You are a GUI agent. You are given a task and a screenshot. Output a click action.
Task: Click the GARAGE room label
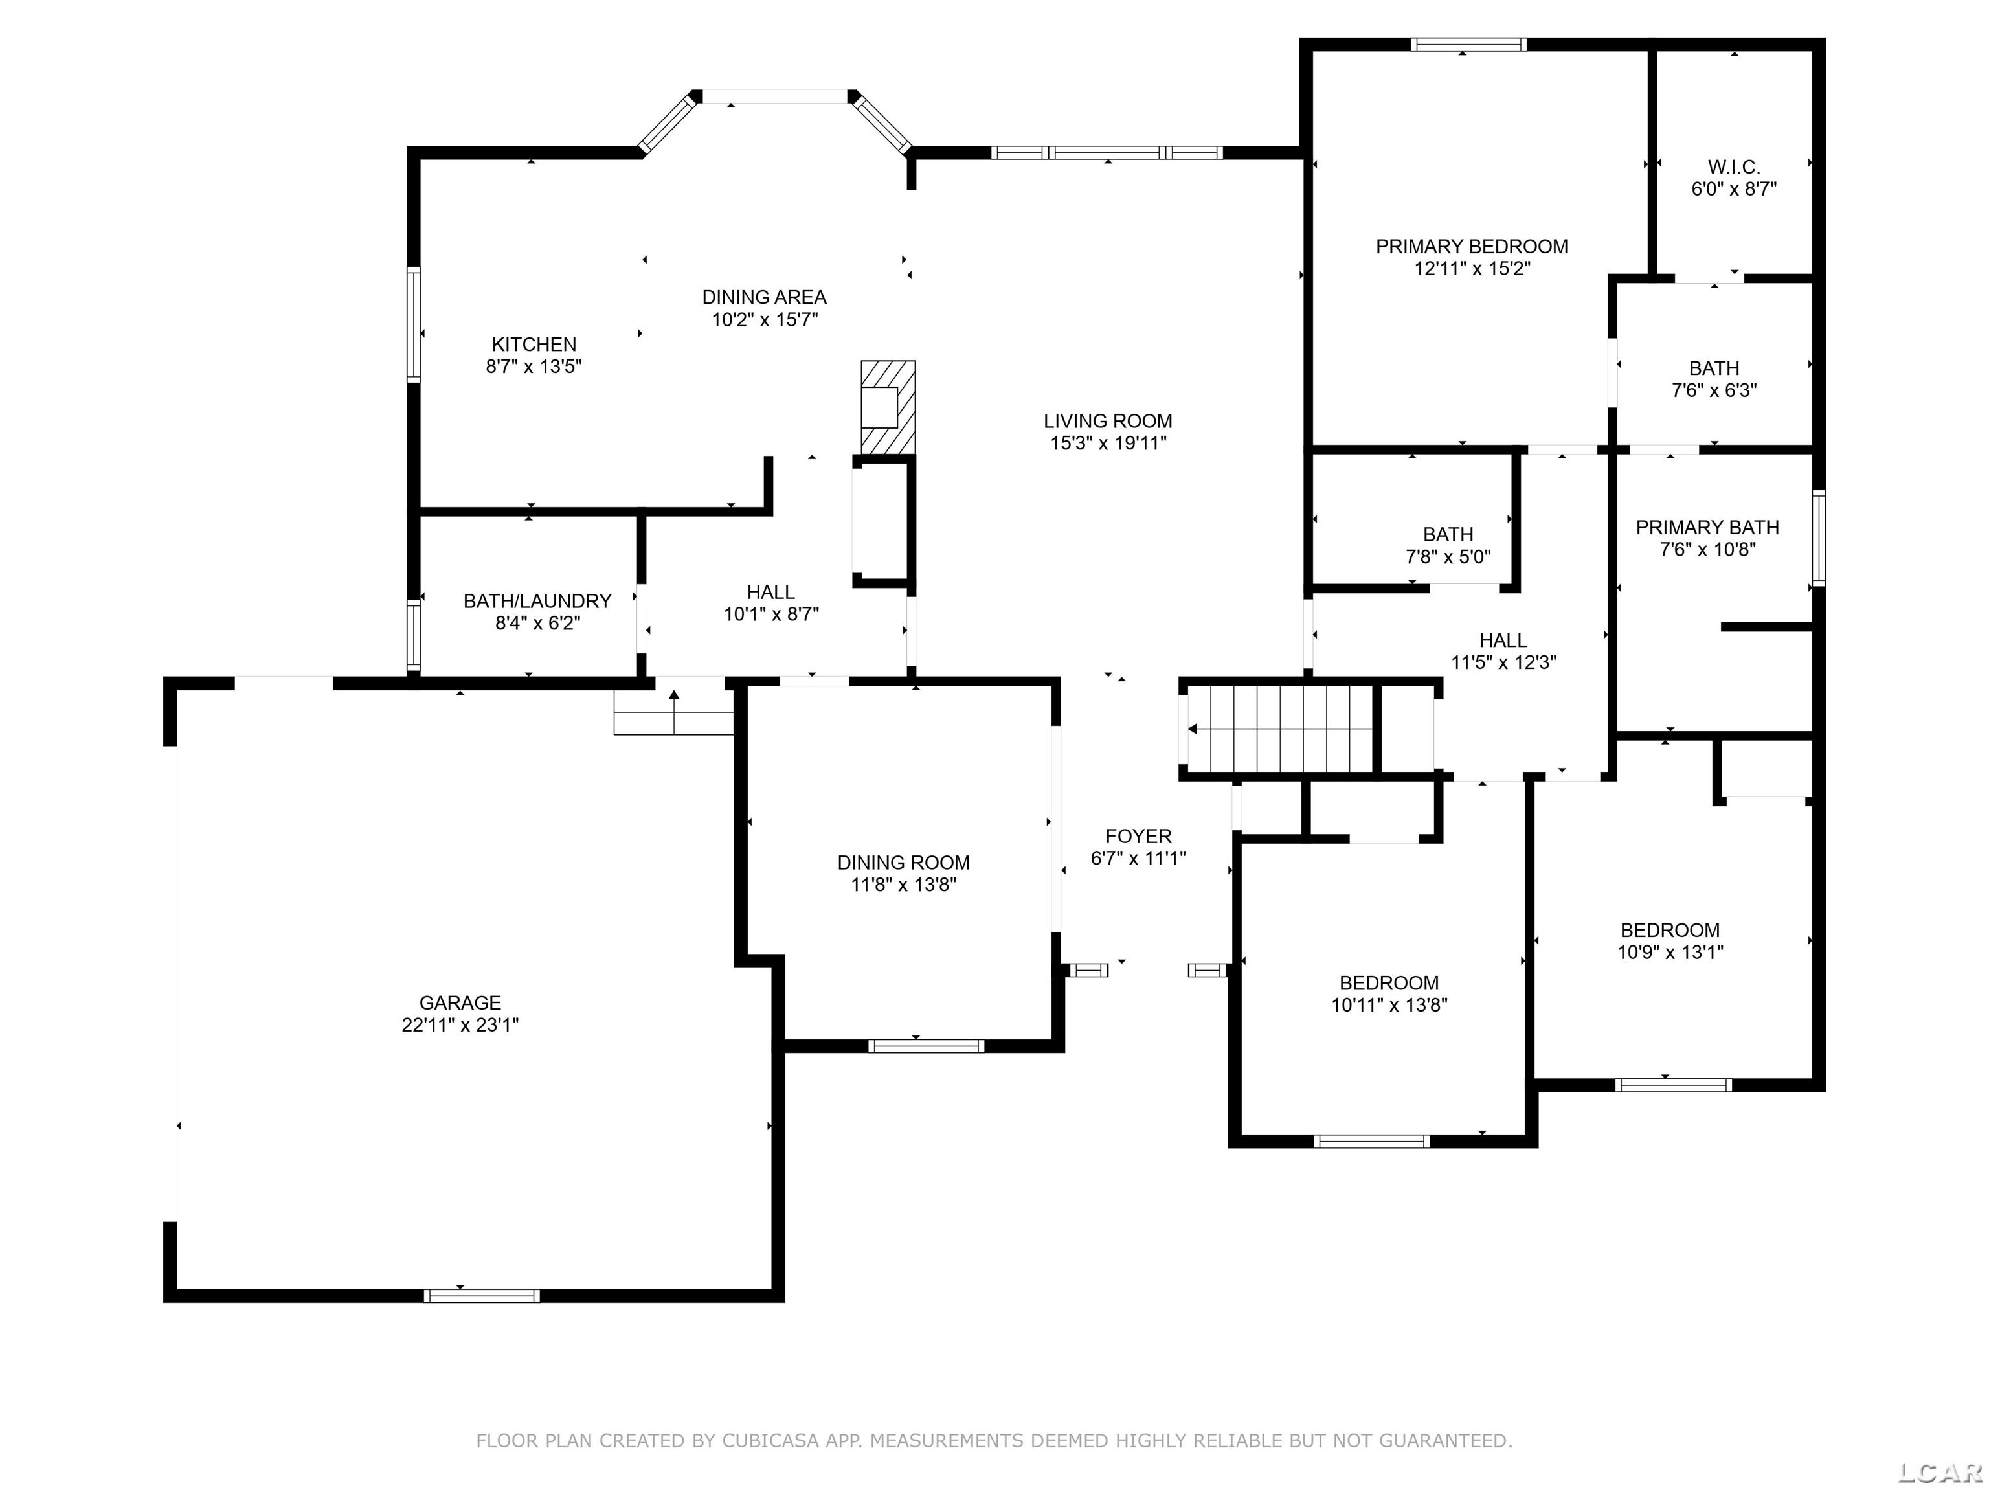pyautogui.click(x=460, y=1002)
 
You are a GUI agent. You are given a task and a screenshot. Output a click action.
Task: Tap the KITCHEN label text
pyautogui.click(x=534, y=345)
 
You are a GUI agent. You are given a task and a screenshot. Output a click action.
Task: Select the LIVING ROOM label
pyautogui.click(x=1108, y=421)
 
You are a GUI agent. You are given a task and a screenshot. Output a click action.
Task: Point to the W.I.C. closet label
pyautogui.click(x=1734, y=167)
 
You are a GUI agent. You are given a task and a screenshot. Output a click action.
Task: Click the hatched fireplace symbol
pyautogui.click(x=888, y=407)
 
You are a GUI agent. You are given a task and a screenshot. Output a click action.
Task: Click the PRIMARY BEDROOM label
pyautogui.click(x=1472, y=247)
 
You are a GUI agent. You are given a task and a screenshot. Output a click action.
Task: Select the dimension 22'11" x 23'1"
pyautogui.click(x=460, y=1025)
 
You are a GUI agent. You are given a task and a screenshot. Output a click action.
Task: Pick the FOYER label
pyautogui.click(x=1138, y=837)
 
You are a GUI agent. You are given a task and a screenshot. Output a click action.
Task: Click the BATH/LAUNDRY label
pyautogui.click(x=537, y=601)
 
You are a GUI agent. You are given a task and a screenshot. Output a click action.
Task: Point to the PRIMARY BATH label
pyautogui.click(x=1707, y=528)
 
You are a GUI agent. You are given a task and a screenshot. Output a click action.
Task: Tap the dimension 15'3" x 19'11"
pyautogui.click(x=1108, y=442)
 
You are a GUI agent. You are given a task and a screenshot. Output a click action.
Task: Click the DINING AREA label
pyautogui.click(x=764, y=297)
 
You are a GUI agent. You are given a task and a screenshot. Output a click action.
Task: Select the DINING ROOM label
pyautogui.click(x=904, y=863)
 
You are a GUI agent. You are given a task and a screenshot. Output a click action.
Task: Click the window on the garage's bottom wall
pyautogui.click(x=482, y=1296)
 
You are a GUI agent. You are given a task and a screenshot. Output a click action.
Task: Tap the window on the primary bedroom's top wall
pyautogui.click(x=1468, y=44)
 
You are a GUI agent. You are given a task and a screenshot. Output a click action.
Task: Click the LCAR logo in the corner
pyautogui.click(x=1938, y=1472)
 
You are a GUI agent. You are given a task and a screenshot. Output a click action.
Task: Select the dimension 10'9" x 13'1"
pyautogui.click(x=1670, y=953)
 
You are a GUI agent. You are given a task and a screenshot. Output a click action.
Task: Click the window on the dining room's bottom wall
pyautogui.click(x=926, y=1046)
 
